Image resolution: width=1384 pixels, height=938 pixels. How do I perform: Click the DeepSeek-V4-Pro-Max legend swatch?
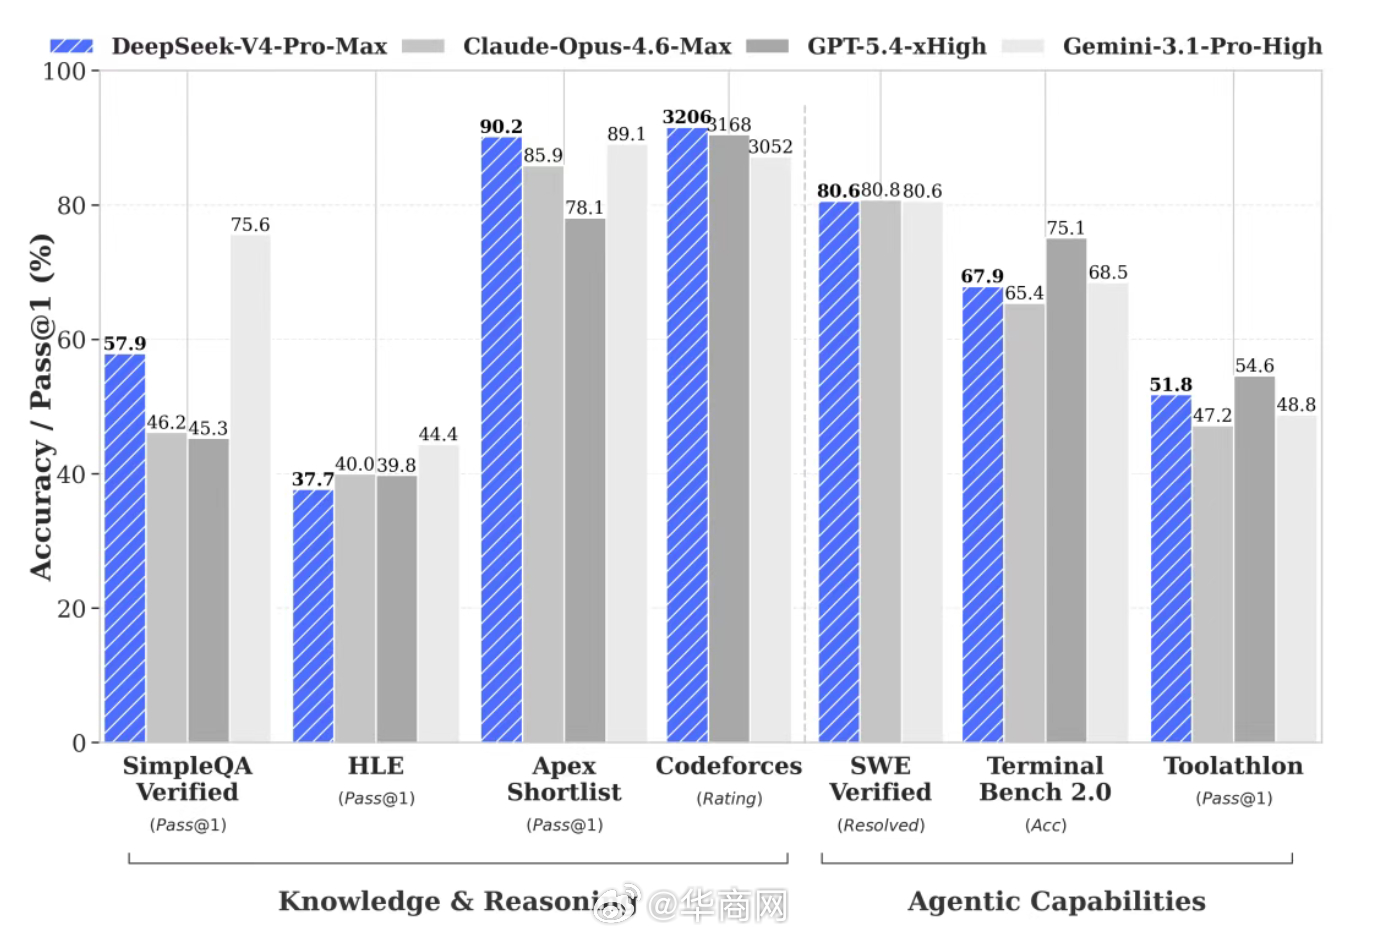pos(71,46)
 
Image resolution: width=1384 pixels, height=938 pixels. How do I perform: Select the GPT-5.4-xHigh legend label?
pos(896,46)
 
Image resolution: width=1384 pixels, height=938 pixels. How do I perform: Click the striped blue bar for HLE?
pos(313,615)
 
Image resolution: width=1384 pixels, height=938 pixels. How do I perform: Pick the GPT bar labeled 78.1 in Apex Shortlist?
pos(585,480)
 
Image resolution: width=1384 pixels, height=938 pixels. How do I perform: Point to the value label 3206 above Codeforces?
pos(686,117)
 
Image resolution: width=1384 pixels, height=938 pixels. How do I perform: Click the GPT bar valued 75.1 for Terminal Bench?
pos(1066,490)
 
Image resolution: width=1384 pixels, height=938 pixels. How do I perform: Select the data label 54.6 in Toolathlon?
pos(1254,366)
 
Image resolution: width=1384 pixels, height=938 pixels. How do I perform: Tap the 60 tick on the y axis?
pos(71,340)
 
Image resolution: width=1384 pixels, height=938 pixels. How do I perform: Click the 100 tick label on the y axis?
pos(64,71)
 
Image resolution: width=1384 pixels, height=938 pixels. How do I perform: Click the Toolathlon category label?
pos(1233,766)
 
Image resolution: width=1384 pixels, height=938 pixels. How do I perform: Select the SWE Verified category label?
pos(880,779)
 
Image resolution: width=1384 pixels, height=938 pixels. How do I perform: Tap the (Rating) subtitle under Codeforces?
pos(729,798)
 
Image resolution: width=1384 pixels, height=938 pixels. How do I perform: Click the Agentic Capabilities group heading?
pos(1056,901)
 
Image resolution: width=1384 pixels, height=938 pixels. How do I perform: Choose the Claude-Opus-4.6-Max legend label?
pos(597,46)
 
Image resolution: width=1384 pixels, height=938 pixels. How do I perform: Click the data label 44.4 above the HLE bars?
pos(438,434)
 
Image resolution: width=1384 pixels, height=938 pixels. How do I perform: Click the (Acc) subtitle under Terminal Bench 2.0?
pos(1045,825)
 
